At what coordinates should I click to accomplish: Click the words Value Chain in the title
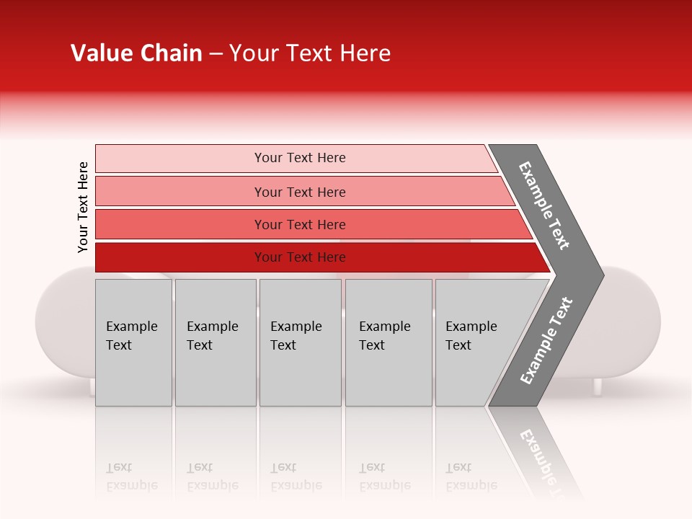point(136,53)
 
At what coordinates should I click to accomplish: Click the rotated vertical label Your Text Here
point(83,207)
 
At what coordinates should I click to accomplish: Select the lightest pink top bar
point(180,159)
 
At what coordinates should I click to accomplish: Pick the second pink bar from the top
point(180,192)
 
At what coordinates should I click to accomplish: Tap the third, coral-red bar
point(180,224)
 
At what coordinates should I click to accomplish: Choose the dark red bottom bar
point(180,257)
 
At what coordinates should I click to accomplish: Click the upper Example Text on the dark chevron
point(544,205)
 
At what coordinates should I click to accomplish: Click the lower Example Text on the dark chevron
point(546,341)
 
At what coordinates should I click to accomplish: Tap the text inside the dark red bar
point(300,257)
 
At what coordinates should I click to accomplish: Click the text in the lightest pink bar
point(300,158)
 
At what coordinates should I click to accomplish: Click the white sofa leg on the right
point(597,386)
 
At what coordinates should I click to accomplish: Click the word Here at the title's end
point(368,53)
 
